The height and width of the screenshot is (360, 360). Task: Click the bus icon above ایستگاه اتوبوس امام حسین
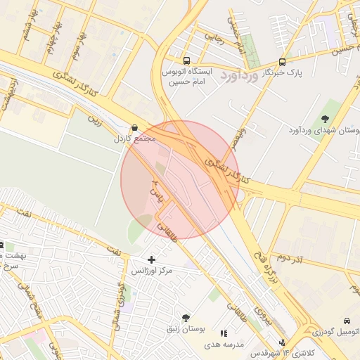[x=186, y=61]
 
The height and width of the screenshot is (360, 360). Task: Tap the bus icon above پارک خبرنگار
[x=282, y=62]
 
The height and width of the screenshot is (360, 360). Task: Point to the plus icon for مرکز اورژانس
[x=151, y=259]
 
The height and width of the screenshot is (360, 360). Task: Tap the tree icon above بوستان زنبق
[x=186, y=318]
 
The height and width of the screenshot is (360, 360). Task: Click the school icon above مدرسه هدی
[x=224, y=334]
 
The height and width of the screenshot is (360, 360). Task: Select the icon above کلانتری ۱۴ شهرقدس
[x=283, y=342]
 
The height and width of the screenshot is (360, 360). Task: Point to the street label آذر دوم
[x=289, y=260]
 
